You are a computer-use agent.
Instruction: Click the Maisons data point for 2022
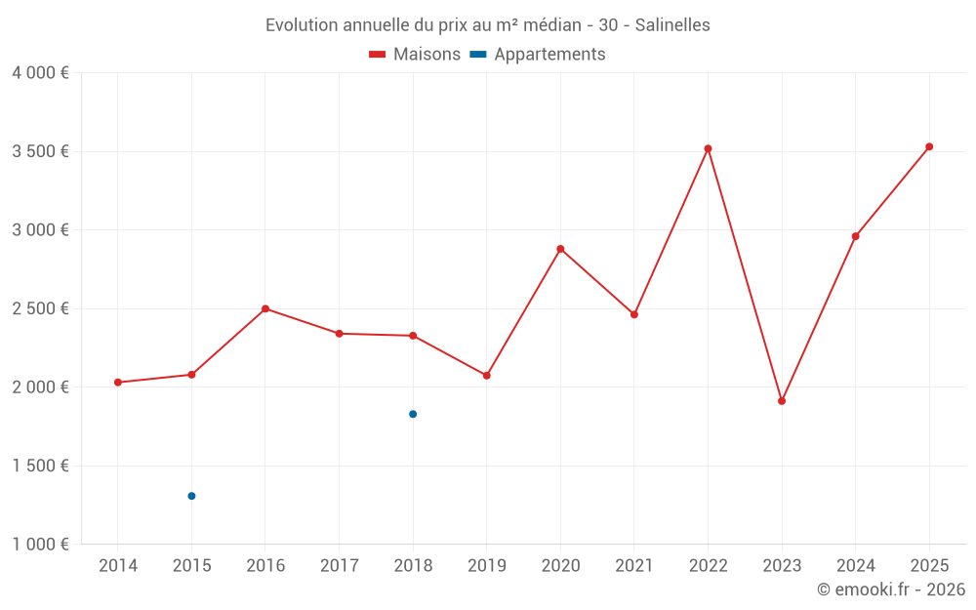[709, 148]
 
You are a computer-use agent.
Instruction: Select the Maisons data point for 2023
[782, 401]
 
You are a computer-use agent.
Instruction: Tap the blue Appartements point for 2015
[191, 496]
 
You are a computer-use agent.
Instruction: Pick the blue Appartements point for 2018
[413, 414]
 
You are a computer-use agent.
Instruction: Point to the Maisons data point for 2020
[560, 249]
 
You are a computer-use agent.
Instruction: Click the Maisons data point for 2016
[265, 308]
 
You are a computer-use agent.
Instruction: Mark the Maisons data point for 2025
[929, 146]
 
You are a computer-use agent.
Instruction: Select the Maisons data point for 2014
[118, 383]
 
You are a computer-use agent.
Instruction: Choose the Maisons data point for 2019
[487, 375]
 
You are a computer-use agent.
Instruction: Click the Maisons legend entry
[415, 55]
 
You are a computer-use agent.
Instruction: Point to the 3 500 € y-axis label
[40, 151]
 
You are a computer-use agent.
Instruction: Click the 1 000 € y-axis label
[40, 545]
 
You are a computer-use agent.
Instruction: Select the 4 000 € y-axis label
[40, 72]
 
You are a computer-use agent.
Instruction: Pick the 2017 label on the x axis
[339, 565]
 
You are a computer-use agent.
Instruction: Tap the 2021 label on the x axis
[634, 565]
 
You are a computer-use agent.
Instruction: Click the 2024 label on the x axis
[856, 565]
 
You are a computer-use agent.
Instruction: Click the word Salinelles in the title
[672, 24]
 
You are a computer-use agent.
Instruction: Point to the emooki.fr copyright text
[891, 590]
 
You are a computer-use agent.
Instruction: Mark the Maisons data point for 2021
[634, 314]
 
